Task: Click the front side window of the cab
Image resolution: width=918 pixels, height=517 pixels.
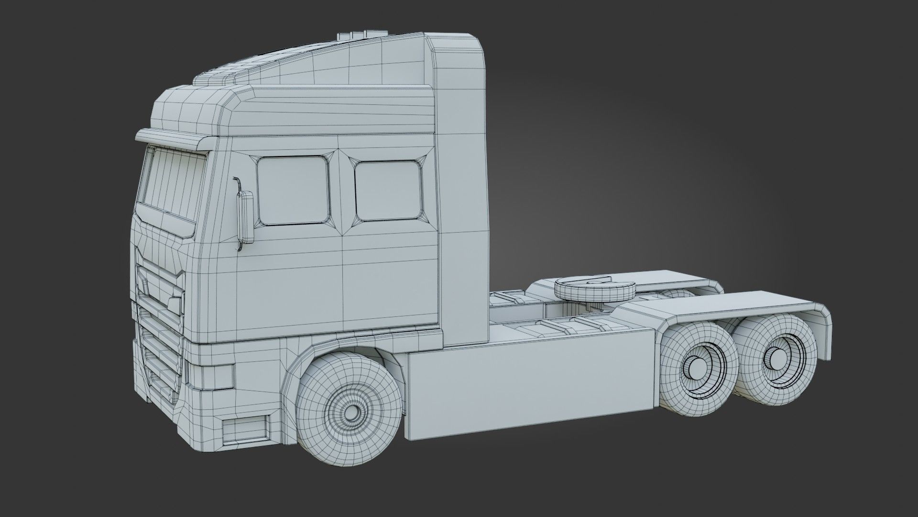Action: click(293, 191)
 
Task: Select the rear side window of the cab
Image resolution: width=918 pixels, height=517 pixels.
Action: click(388, 191)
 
